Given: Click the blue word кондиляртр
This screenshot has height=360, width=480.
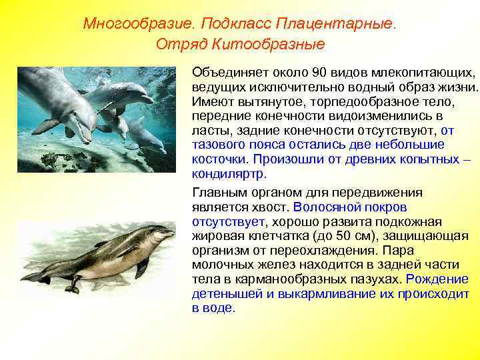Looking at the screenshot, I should click(228, 174).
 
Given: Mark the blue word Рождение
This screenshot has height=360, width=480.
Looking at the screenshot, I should click(438, 279).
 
